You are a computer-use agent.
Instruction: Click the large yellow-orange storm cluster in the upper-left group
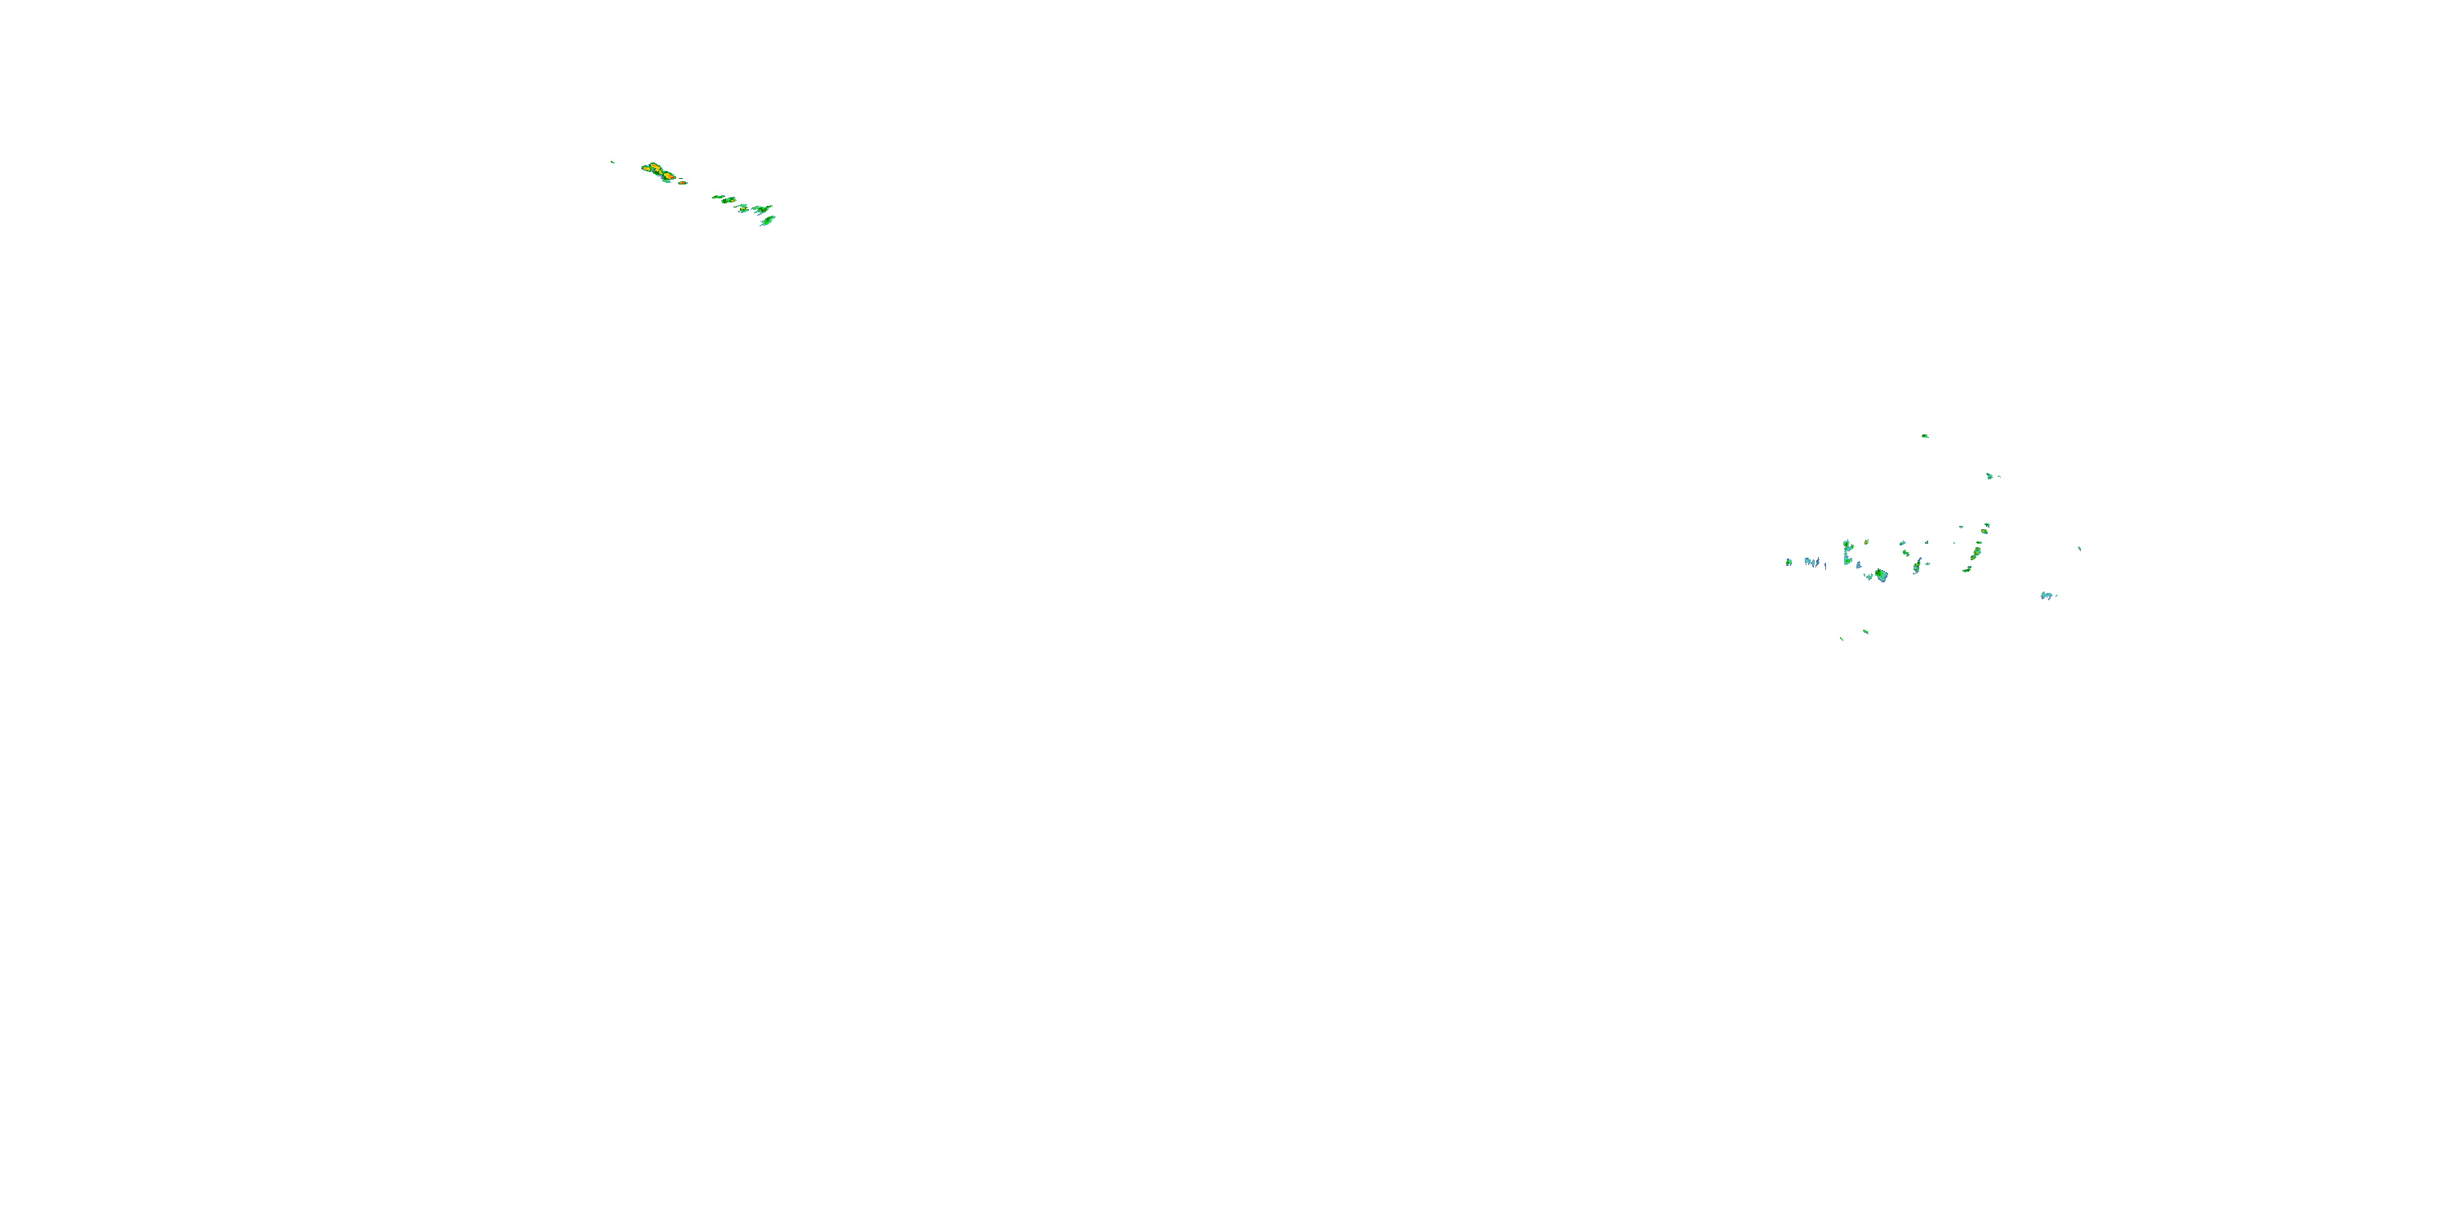657,172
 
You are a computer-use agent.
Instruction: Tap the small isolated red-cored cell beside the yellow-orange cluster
682,181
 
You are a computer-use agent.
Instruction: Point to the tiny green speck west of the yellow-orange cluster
612,163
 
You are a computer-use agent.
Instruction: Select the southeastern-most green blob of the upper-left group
767,221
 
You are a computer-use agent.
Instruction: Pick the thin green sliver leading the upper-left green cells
717,197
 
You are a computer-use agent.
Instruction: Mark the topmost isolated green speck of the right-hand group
1924,435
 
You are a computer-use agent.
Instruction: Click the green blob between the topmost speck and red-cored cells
1989,475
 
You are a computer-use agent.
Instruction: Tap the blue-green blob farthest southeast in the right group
2047,595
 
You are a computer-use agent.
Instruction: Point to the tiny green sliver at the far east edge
2079,549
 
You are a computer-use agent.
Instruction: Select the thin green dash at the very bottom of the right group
1842,638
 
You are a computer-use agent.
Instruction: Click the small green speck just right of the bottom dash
1865,630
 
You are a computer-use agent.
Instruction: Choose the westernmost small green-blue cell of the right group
1789,562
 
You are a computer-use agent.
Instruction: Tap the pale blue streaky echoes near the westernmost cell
1813,562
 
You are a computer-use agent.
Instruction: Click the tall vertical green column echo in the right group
1847,551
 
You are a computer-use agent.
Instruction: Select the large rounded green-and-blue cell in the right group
1880,576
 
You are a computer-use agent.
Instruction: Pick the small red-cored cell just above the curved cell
1986,527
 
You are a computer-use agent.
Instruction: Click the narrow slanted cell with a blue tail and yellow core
1917,565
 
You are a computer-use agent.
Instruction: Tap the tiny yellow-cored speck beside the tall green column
1866,542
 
